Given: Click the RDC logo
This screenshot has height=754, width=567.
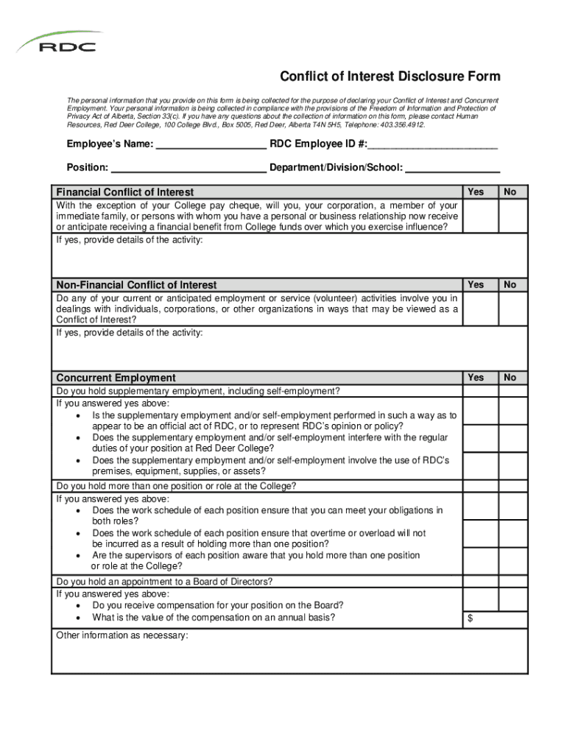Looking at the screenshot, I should [x=59, y=43].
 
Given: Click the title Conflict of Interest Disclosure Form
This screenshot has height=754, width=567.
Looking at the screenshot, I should [x=390, y=77].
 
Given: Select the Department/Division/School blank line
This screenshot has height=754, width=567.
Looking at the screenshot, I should [x=453, y=167].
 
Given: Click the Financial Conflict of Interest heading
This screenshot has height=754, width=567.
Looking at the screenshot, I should [x=125, y=192].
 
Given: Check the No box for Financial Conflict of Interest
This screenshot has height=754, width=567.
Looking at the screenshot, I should [x=513, y=216].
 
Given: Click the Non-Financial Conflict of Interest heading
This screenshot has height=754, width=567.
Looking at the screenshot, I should [x=136, y=285].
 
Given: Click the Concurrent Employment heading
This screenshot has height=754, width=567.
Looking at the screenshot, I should [x=116, y=378].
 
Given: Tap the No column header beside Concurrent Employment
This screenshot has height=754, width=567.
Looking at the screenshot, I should [x=510, y=377].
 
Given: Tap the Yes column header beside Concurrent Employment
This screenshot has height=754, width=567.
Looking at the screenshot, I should [x=476, y=377].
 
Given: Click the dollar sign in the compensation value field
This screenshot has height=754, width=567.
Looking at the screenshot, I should [x=470, y=619].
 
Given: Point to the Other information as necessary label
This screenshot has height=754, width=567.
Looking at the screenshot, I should [x=122, y=635].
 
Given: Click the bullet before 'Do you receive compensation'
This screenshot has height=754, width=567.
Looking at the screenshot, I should [x=79, y=606].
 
